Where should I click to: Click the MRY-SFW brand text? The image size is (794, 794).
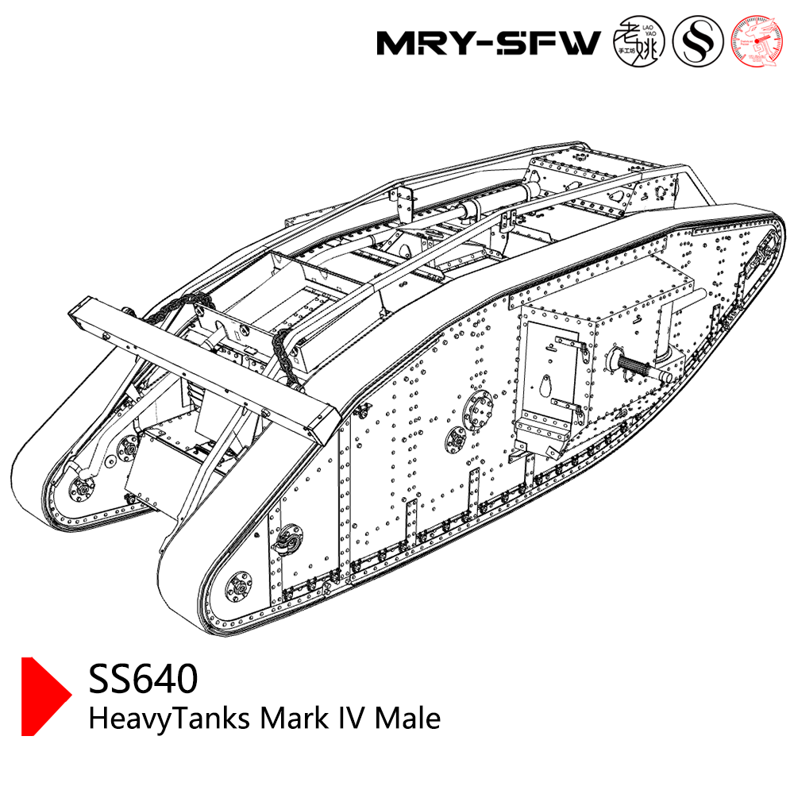point(488,43)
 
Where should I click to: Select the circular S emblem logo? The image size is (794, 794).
point(698,42)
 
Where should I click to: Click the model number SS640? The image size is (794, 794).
point(143,680)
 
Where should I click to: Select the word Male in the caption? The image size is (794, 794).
point(407,719)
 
